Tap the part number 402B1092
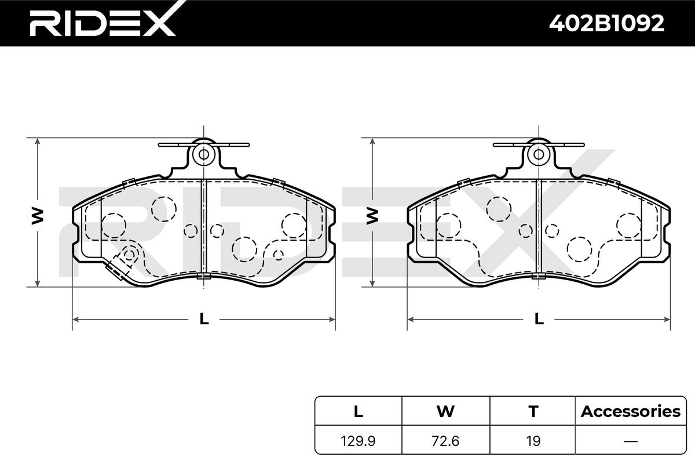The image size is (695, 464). (606, 23)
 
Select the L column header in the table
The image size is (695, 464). (359, 412)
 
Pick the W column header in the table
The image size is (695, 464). (445, 412)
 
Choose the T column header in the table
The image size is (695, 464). (533, 412)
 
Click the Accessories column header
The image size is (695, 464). (631, 412)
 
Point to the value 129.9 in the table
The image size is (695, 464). (358, 441)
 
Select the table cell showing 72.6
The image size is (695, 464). (445, 441)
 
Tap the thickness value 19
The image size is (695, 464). (533, 441)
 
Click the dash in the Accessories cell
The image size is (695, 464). (631, 441)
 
